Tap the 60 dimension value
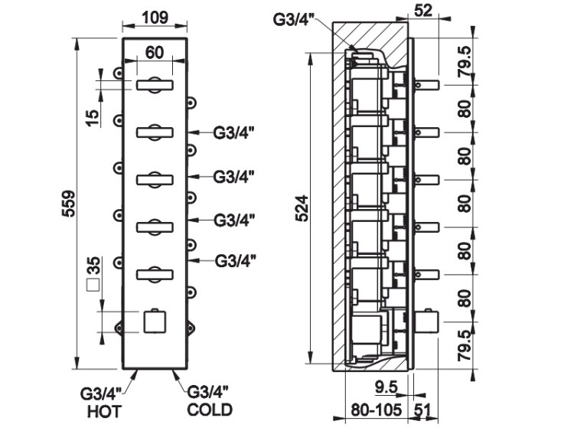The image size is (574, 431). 154,53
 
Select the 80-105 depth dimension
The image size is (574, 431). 377,409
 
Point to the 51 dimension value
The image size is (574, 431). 422,409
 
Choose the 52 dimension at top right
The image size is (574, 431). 422,10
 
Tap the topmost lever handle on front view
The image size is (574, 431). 156,86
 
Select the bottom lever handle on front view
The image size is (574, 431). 156,273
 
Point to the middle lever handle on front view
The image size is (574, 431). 156,179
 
